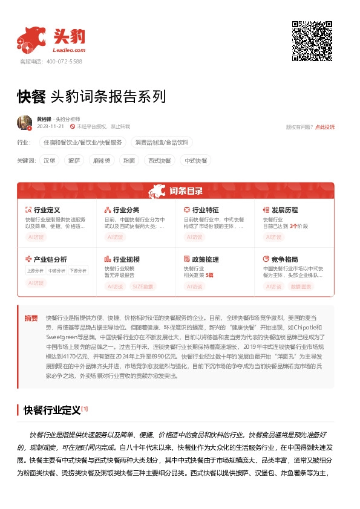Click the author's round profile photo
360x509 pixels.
click(x=24, y=123)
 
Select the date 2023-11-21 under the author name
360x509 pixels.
click(x=50, y=127)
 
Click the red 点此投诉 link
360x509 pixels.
click(x=324, y=127)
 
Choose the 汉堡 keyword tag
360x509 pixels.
click(x=50, y=161)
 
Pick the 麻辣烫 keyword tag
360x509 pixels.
click(x=99, y=161)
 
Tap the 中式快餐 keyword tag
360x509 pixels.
click(x=195, y=161)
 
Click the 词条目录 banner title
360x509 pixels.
click(x=186, y=192)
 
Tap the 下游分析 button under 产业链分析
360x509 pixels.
click(x=77, y=270)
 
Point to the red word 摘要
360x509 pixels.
click(x=30, y=318)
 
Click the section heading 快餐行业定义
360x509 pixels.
click(x=52, y=410)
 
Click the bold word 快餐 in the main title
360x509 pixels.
click(x=31, y=97)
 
